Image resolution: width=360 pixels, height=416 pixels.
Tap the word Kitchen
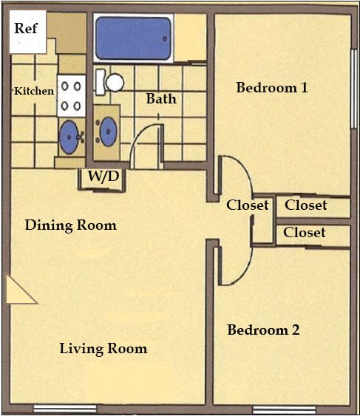(x=34, y=92)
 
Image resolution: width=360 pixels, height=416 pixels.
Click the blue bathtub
(x=133, y=38)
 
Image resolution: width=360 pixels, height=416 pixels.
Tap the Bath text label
(x=160, y=98)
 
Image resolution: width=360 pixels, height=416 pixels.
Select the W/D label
(x=103, y=177)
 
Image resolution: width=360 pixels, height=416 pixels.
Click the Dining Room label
(x=70, y=225)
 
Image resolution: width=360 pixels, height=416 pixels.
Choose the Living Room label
(x=103, y=348)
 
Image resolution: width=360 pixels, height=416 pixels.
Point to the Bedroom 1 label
(x=271, y=88)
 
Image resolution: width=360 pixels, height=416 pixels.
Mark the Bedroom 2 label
(x=263, y=330)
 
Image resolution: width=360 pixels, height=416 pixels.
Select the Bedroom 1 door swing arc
(x=238, y=177)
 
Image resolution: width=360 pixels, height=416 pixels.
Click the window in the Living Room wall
(x=65, y=409)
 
